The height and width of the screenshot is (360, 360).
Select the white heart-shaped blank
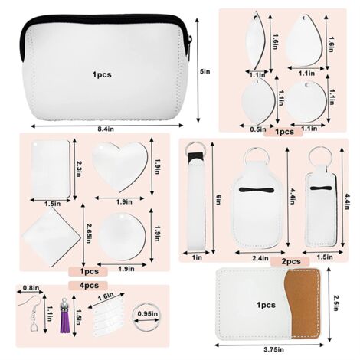point(119,163)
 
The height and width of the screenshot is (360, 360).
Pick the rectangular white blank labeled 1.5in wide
point(51,168)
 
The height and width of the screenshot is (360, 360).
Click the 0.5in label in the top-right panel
point(258,129)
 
